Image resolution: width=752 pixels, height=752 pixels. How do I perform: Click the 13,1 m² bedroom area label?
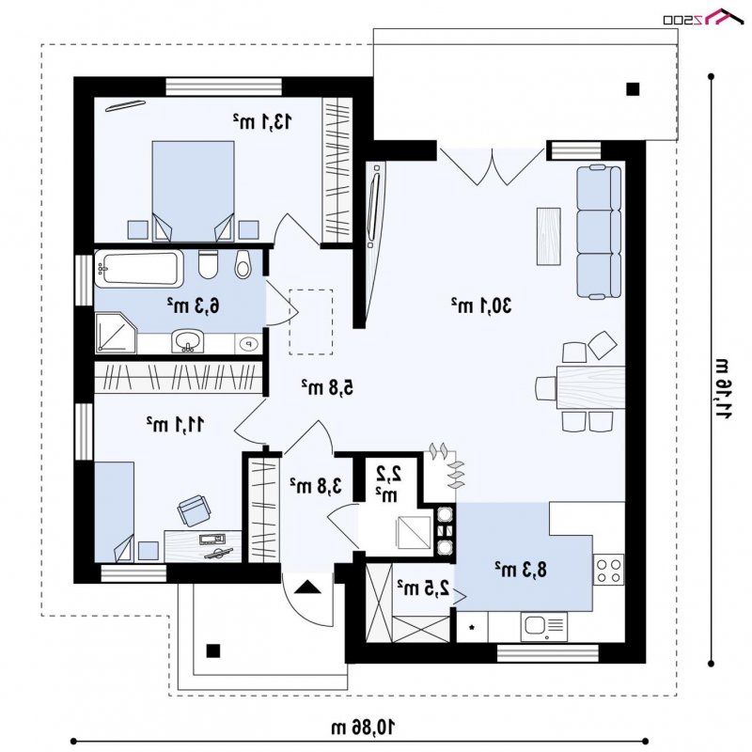262,122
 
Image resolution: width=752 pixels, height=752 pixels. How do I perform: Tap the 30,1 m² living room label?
481,305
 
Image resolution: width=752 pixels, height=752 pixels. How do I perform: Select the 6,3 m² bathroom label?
194,305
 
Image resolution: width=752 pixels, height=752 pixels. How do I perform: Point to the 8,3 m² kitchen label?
521,570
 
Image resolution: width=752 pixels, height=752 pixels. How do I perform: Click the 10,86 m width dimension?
364,727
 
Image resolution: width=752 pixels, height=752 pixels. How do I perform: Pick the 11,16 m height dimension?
723,389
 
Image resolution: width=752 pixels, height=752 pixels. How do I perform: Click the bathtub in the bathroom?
139,268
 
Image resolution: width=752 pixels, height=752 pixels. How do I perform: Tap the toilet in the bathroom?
208,264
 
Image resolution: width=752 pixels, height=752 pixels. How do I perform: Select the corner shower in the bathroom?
116,333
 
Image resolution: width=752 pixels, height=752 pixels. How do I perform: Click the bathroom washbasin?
187,341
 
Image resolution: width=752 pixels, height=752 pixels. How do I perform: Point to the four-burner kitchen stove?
608,570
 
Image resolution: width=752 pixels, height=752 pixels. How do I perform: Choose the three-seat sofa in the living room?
599,232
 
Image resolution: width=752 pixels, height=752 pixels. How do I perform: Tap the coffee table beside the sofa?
549,237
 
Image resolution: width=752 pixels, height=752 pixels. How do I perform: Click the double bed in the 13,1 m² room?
194,191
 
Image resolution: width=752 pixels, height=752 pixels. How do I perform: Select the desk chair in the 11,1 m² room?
194,510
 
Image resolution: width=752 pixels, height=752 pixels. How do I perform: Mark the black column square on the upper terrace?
633,89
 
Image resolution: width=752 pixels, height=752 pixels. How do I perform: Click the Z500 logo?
703,17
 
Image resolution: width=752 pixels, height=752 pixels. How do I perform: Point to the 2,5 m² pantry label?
424,587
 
